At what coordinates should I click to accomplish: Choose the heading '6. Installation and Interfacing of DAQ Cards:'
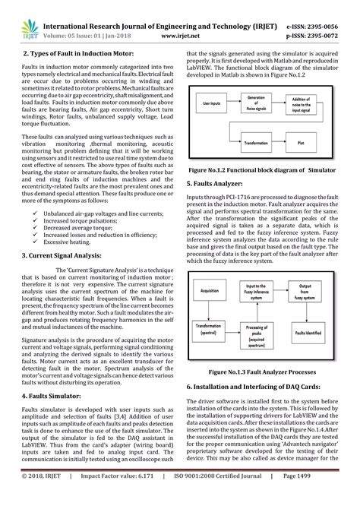pyautogui.click(x=264, y=387)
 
